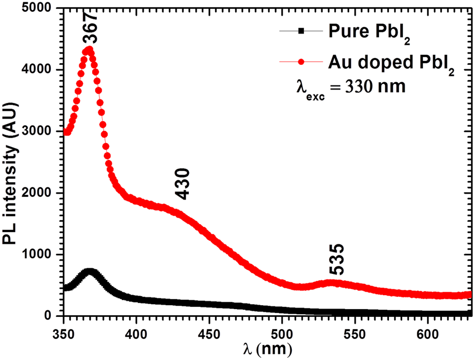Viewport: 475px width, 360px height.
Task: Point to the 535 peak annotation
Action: [x=337, y=259]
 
